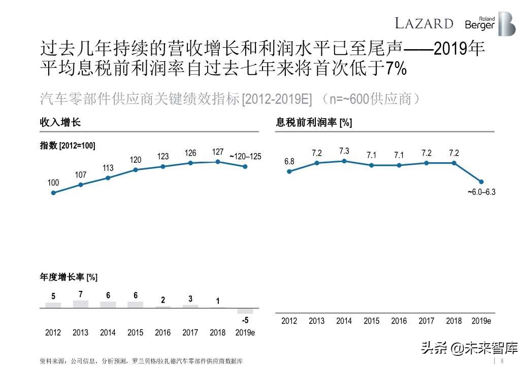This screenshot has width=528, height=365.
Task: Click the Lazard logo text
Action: pos(424,23)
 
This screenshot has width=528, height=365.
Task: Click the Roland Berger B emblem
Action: pos(506,23)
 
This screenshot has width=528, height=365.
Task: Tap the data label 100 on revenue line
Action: pos(53,182)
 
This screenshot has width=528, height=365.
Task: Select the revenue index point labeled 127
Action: pos(218,162)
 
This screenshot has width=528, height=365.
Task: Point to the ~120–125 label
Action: pos(245,157)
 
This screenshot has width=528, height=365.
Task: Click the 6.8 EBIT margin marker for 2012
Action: pos(289,171)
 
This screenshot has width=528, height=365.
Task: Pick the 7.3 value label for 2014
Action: pos(344,151)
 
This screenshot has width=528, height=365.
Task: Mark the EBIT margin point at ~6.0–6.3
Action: pos(481,181)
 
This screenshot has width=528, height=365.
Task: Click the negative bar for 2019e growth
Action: pos(245,311)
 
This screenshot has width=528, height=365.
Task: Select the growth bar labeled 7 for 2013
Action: pos(81,304)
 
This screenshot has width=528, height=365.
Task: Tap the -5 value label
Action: pos(245,320)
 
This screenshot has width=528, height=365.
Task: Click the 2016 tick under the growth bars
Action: pos(163,333)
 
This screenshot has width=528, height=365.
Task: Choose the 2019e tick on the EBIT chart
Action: pos(481,321)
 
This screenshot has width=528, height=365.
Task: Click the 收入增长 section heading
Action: pos(60,123)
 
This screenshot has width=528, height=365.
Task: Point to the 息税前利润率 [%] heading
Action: pos(314,123)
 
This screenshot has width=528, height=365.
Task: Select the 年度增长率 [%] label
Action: pos(69,277)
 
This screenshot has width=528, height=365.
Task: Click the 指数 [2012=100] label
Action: pos(68,145)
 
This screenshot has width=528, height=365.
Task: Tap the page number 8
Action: pos(502,361)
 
